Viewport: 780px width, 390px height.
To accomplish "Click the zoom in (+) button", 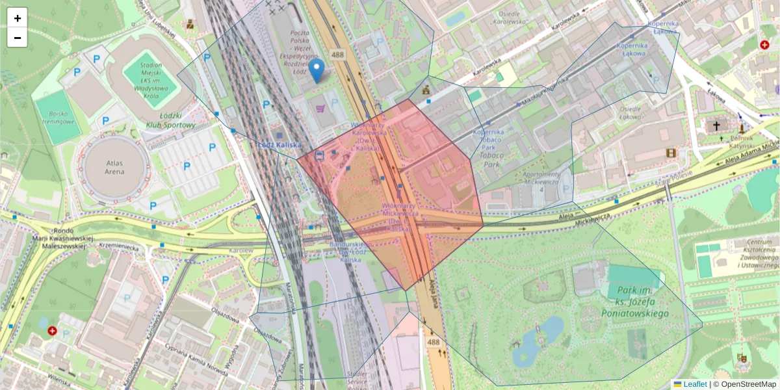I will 18,18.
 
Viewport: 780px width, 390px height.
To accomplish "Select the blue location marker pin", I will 316,70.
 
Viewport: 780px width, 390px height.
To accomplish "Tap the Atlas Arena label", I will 114,167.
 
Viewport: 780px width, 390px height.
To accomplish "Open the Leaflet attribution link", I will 694,384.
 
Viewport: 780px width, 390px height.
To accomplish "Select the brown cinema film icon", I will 671,153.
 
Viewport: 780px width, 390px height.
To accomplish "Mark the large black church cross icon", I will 716,125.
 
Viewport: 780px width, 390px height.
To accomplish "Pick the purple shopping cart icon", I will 320,109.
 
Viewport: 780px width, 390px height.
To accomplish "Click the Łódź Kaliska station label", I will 280,145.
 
